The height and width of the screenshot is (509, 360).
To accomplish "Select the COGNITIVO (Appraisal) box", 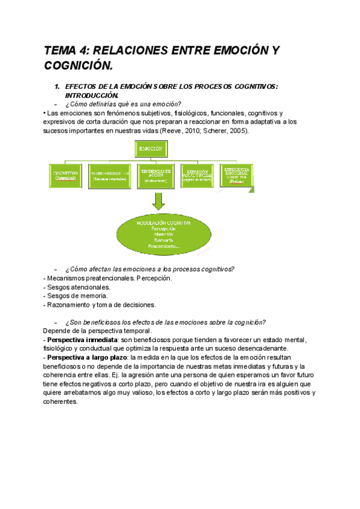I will point(66,175).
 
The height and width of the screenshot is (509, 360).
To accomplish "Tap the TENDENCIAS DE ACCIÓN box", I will point(158,175).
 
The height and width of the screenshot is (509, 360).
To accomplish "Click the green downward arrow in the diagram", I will point(158,201).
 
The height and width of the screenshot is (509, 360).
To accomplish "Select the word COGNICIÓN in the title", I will point(78,65).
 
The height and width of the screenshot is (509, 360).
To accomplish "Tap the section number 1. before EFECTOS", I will point(57,87).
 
